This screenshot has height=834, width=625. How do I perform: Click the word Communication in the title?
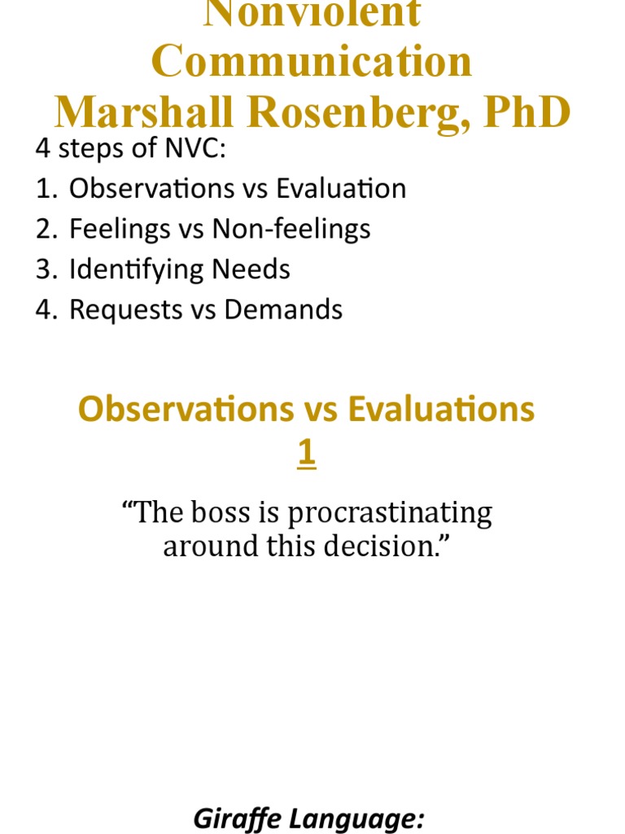coord(312,62)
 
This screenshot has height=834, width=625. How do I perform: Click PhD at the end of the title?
coord(527,112)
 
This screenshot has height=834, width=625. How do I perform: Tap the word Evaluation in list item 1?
coord(341,189)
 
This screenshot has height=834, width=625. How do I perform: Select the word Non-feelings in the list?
coord(291,229)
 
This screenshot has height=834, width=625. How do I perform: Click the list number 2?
coord(44,229)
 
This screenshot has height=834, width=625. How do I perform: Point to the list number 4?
coord(44,309)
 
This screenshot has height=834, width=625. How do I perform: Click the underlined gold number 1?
coord(306,454)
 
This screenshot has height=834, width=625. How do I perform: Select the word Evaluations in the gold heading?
coord(441,410)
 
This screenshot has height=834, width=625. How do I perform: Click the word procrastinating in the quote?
coord(390,513)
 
